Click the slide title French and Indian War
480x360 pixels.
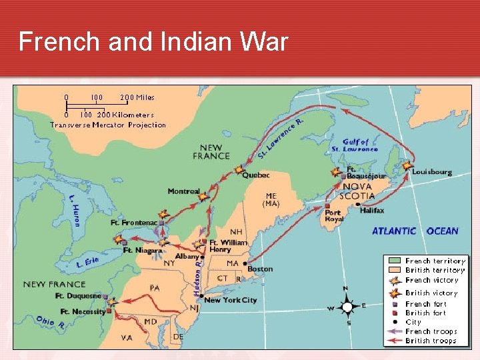153,41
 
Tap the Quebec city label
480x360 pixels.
255,175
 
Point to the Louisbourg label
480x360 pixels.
431,172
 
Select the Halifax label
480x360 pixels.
371,211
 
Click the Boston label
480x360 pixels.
260,269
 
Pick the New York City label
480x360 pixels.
230,300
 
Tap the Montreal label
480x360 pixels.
183,192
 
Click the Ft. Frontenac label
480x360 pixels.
134,223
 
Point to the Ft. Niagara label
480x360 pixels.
143,251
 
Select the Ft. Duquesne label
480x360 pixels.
78,296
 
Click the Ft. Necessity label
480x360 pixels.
83,311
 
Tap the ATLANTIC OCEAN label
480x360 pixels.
415,231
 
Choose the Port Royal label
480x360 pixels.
334,216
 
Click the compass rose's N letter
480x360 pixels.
345,289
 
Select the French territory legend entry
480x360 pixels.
435,261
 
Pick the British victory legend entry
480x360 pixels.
431,293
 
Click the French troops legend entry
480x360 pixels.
431,331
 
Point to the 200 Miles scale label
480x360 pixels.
137,97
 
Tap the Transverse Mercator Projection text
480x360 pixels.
108,125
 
